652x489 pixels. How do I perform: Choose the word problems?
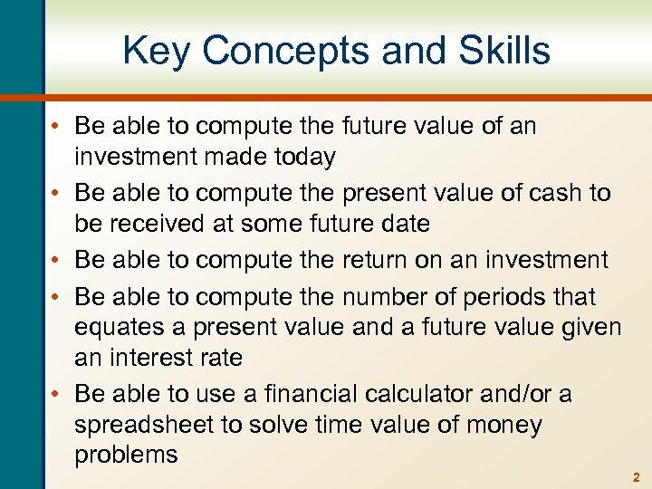pyautogui.click(x=127, y=455)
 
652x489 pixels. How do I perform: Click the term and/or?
pyautogui.click(x=538, y=394)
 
